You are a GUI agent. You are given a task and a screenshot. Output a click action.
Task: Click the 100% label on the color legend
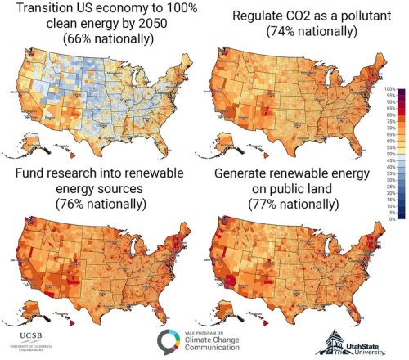(x=390, y=88)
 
